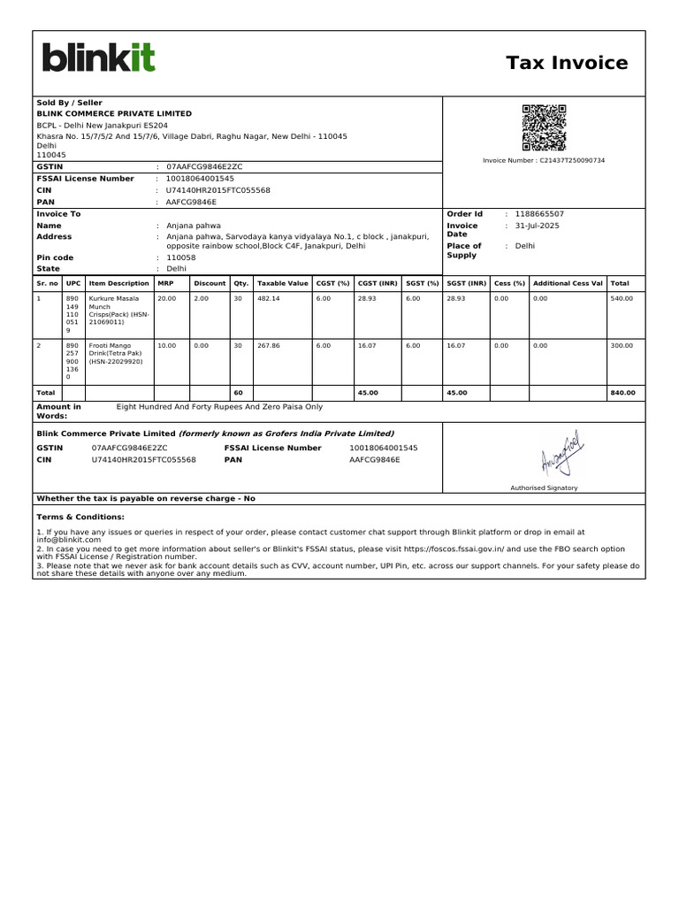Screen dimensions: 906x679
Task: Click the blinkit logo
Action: [x=98, y=58]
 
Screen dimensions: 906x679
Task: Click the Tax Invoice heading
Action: [x=567, y=63]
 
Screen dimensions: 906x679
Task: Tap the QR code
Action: [x=544, y=128]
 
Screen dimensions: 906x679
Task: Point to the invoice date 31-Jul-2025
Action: [x=538, y=226]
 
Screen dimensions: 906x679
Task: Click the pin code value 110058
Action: [x=181, y=257]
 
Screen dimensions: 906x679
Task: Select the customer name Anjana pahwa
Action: [x=194, y=226]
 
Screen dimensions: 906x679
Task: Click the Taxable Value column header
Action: [x=282, y=283]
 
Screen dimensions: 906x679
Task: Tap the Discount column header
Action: [x=210, y=283]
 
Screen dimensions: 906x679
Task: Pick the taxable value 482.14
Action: [x=268, y=299]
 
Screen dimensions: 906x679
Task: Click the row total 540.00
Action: [x=622, y=299]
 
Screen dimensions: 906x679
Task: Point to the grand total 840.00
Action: [x=622, y=392]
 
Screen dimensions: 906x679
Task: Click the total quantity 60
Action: [x=238, y=392]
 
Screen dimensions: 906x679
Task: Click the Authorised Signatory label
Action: [x=544, y=488]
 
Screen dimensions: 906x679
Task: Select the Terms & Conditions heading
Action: [x=80, y=517]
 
